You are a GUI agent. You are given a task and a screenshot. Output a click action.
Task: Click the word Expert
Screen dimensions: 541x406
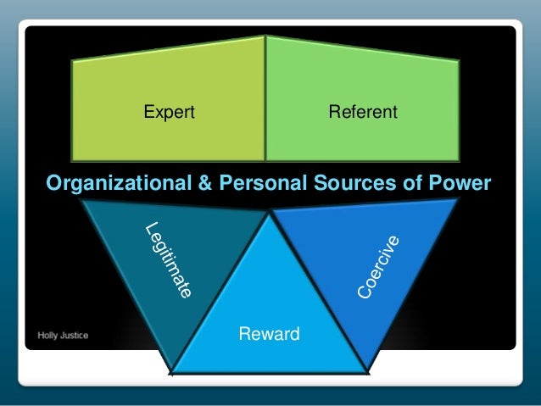point(169,111)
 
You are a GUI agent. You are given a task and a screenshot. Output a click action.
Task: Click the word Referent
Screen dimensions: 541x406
point(362,111)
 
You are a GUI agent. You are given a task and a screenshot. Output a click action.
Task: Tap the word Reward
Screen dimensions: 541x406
point(270,334)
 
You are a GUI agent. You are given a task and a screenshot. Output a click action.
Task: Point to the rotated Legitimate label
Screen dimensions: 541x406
point(168,260)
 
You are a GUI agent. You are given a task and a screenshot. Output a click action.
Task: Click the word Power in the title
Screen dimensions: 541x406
point(462,183)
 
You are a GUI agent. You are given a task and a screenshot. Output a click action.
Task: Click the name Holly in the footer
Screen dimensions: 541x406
point(49,335)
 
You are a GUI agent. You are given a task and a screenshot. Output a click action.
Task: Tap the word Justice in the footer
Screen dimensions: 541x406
point(74,335)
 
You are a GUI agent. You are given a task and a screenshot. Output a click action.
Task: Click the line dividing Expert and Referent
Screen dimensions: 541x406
point(265,102)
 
